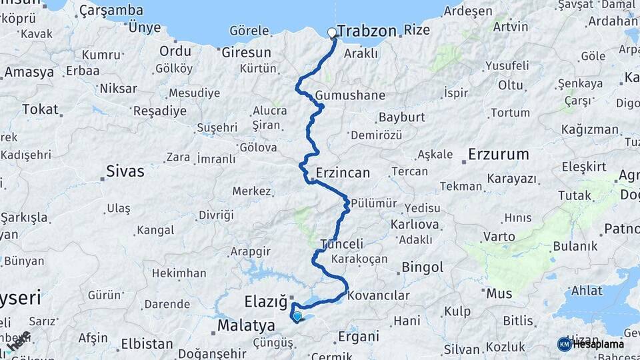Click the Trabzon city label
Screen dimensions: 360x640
click(367, 31)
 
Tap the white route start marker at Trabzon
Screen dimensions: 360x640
click(332, 32)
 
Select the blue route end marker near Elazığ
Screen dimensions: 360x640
click(297, 316)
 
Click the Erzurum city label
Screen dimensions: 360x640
click(499, 155)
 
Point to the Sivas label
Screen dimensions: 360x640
click(125, 171)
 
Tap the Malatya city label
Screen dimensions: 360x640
click(246, 325)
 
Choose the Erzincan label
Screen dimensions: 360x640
click(343, 173)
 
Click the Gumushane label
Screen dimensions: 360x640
click(350, 95)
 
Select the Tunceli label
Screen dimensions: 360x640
click(341, 243)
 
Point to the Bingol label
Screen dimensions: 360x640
click(422, 267)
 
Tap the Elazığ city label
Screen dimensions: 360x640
click(265, 301)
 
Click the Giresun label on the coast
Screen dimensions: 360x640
click(246, 52)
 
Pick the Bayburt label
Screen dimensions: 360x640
click(401, 117)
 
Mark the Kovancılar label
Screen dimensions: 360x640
click(379, 295)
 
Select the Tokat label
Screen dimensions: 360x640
click(40, 109)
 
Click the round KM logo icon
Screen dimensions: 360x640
click(564, 344)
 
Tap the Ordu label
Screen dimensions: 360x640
click(175, 51)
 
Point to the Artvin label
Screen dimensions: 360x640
click(511, 27)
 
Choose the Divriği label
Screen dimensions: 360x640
click(217, 215)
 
